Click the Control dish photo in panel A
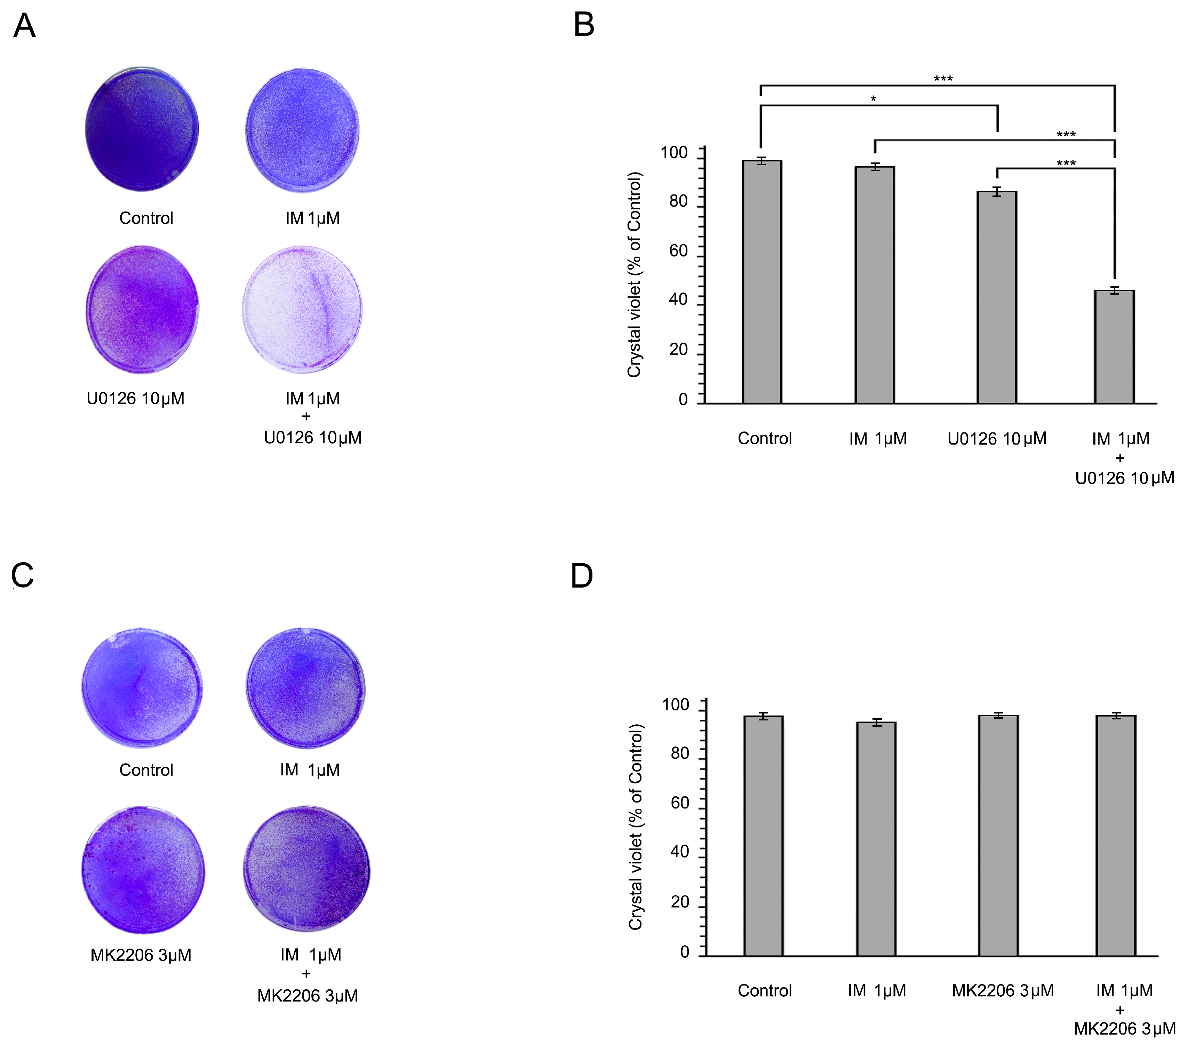click(142, 128)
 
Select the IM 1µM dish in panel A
click(302, 130)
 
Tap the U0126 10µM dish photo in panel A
click(142, 309)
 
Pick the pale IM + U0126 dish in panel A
click(302, 309)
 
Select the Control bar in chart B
click(762, 282)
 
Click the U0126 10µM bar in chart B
click(997, 297)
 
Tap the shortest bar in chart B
click(1115, 347)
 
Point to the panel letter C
click(23, 575)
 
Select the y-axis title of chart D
click(636, 827)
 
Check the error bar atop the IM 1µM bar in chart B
click(875, 167)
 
